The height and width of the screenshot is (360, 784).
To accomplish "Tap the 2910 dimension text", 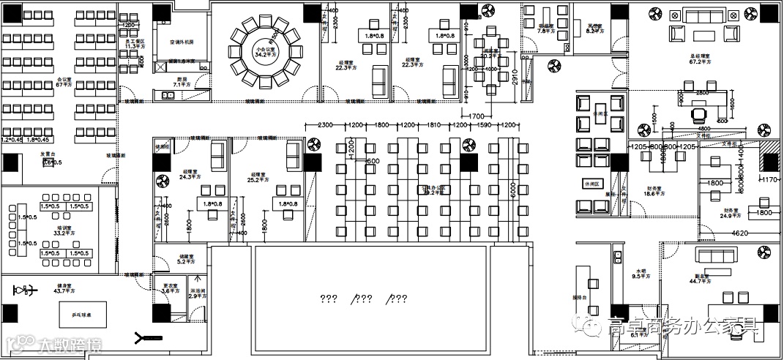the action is click(x=515, y=78).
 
